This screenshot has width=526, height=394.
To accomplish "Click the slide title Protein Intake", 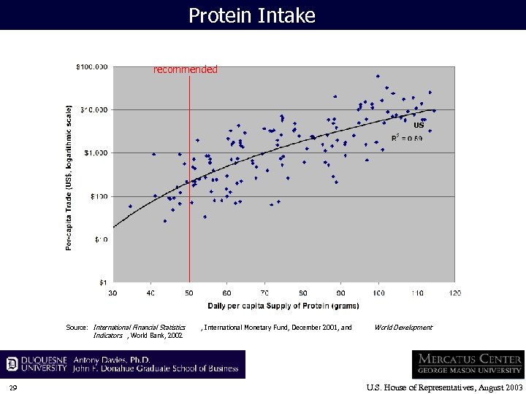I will (x=252, y=15).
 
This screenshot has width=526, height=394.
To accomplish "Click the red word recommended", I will (x=185, y=70).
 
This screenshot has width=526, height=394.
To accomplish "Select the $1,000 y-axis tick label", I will (x=95, y=153).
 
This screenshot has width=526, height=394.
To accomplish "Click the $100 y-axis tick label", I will (x=98, y=196).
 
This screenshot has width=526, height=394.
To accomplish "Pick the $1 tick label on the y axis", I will (x=104, y=282).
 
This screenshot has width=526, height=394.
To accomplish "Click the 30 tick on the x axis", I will (x=113, y=293).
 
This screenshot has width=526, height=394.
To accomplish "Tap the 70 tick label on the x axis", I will (x=264, y=293).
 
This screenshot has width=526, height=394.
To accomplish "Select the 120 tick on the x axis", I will (x=454, y=293).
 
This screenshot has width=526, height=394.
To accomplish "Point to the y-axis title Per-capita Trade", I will (x=69, y=177).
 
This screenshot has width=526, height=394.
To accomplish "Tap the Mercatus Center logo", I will (x=468, y=364).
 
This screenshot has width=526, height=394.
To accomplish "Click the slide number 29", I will (x=13, y=387).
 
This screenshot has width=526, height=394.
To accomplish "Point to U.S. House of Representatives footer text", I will (x=444, y=387).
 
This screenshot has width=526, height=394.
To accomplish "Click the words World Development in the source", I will (x=403, y=328).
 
